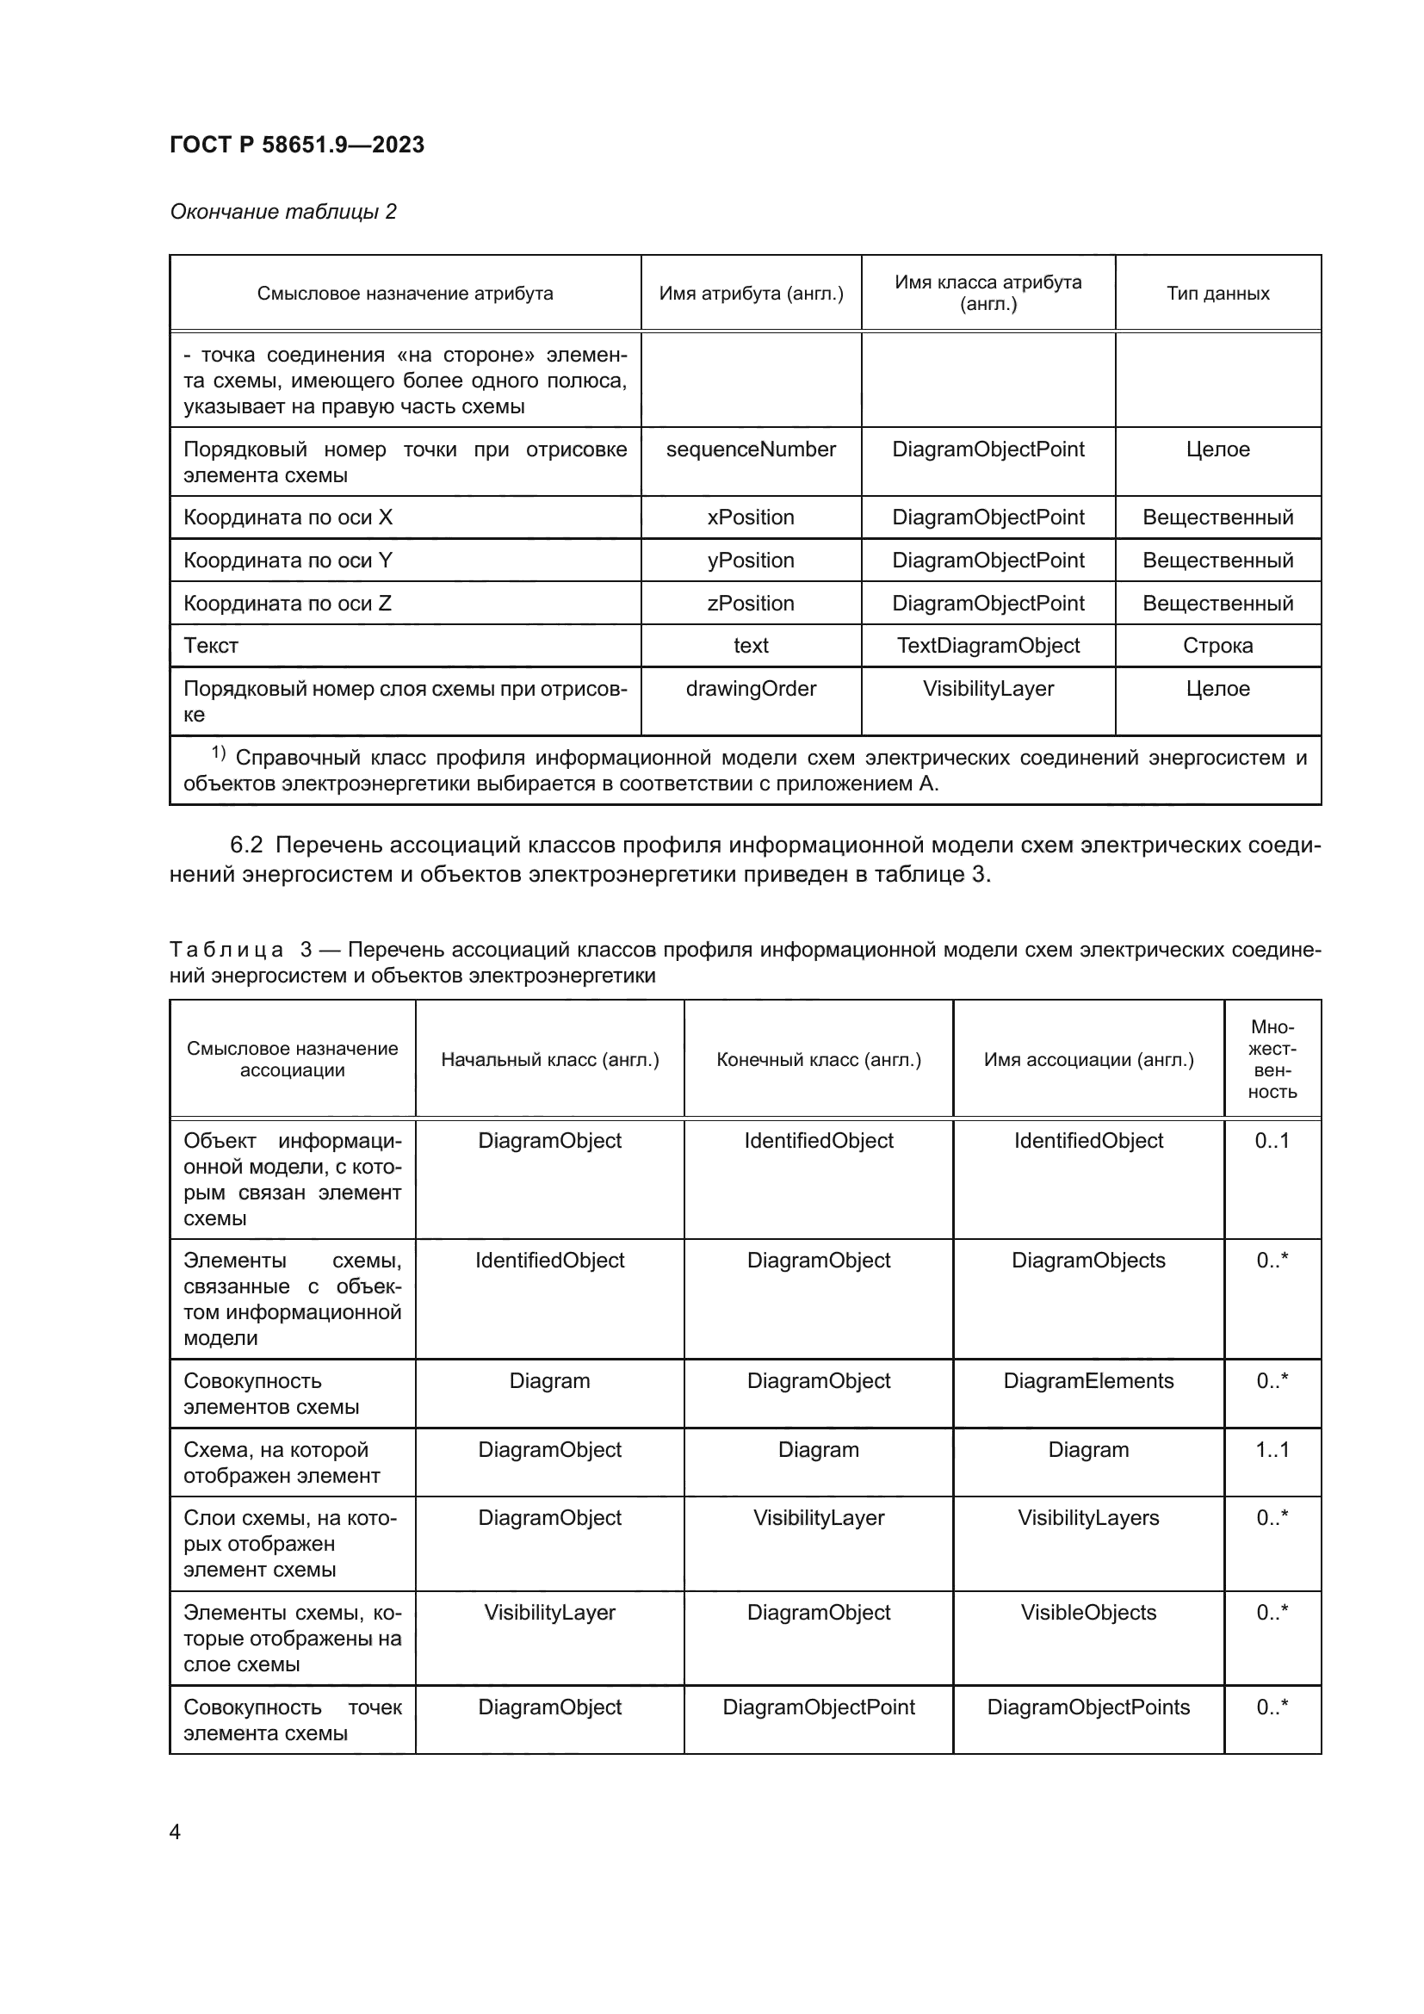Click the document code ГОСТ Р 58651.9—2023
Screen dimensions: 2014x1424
(x=296, y=145)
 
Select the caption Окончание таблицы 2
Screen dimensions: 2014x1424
(x=282, y=212)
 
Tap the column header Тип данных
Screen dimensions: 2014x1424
(x=1217, y=293)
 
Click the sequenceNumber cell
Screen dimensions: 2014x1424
(x=751, y=449)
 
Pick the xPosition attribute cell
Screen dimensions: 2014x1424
(x=751, y=517)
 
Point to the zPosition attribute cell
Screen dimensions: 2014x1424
(x=751, y=604)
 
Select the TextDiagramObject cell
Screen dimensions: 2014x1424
(x=988, y=646)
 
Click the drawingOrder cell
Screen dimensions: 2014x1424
(x=751, y=689)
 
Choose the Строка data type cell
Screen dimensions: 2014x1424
(x=1217, y=646)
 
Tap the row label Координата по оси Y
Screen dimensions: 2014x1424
(x=288, y=561)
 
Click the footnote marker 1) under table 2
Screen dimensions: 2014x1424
(x=219, y=753)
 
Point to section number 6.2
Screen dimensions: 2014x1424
(x=246, y=845)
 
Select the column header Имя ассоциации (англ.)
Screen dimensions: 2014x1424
(x=1088, y=1060)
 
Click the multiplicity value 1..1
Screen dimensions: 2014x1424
(x=1272, y=1449)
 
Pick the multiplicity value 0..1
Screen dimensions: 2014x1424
(x=1272, y=1140)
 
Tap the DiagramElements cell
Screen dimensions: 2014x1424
(x=1088, y=1380)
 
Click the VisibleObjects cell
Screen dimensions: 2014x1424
(x=1088, y=1612)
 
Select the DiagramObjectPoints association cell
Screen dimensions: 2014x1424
(x=1088, y=1707)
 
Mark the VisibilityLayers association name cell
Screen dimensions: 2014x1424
(x=1088, y=1517)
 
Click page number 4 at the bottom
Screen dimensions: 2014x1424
(x=175, y=1832)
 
